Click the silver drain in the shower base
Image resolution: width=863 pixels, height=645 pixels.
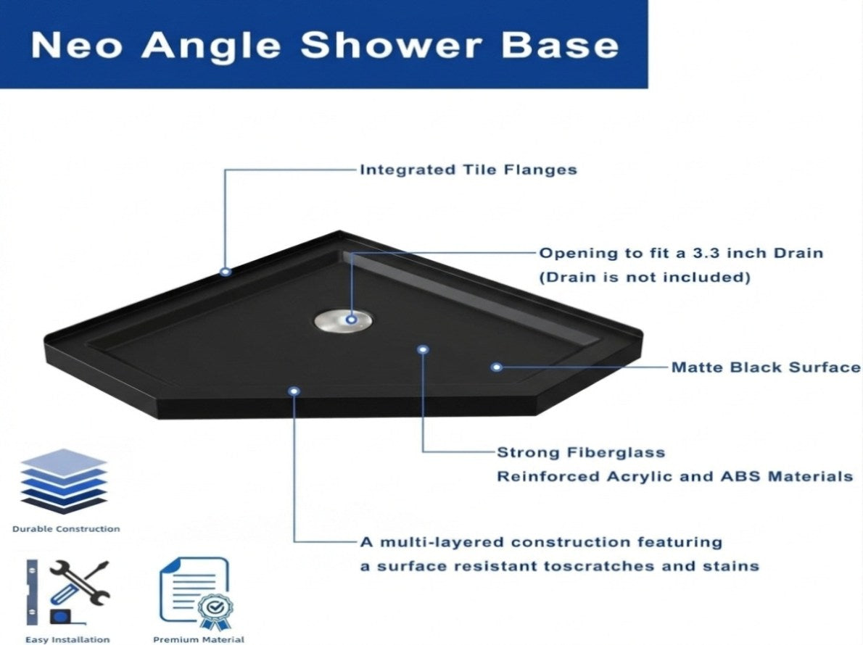344,320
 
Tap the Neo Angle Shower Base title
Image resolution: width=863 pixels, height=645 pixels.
325,44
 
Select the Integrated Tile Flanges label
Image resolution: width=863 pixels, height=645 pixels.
468,170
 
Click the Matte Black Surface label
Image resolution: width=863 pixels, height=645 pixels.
766,367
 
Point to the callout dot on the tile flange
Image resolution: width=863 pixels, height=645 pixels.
225,272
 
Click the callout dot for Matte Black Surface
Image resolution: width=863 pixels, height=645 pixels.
497,367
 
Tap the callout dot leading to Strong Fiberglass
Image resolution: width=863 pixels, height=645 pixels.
423,349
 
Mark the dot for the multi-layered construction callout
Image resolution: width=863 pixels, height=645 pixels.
294,391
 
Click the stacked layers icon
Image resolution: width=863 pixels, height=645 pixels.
64,482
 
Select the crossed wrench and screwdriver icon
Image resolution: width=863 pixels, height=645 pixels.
80,583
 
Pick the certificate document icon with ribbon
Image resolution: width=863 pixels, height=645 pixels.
197,594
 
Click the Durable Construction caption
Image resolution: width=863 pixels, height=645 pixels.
66,529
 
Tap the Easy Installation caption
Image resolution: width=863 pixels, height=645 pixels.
67,639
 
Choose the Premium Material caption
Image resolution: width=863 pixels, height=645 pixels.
199,639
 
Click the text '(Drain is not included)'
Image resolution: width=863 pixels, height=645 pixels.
645,277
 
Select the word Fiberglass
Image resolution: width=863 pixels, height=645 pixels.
616,452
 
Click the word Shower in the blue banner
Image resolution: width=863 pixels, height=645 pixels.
392,44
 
